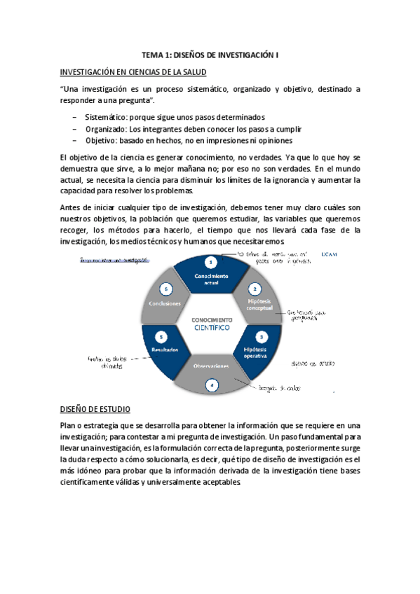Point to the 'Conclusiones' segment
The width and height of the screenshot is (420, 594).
[165, 303]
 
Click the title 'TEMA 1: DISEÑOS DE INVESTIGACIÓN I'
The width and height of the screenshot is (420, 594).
[210, 54]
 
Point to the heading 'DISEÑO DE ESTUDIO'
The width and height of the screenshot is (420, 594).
[95, 409]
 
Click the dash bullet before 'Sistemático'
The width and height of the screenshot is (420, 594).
[75, 116]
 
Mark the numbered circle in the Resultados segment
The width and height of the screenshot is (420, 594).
[162, 336]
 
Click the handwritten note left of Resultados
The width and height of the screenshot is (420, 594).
[106, 361]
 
